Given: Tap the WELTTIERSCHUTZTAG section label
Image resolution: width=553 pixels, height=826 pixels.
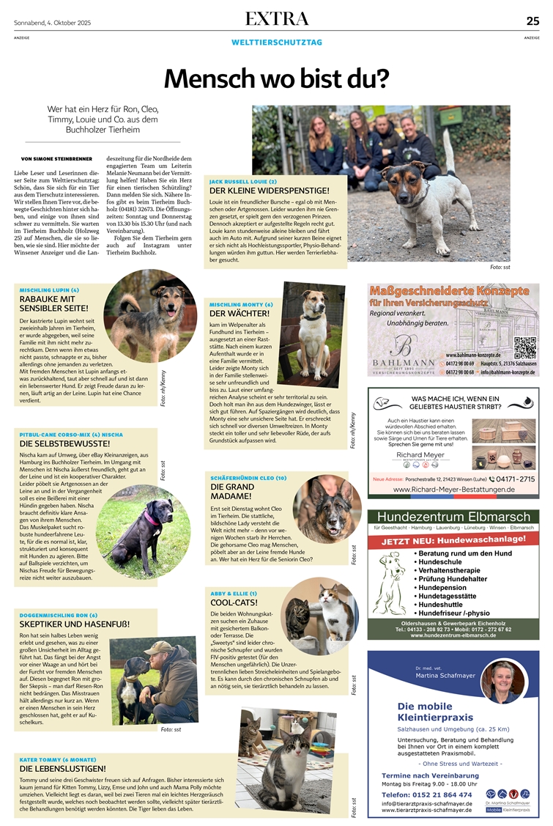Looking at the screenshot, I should tap(276, 43).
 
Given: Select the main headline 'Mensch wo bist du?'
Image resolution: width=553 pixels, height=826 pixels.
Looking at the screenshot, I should tap(276, 78).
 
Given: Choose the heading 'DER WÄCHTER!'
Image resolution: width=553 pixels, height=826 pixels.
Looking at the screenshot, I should tap(231, 314).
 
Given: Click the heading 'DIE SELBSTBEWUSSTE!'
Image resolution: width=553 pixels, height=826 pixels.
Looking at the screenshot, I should tap(65, 443).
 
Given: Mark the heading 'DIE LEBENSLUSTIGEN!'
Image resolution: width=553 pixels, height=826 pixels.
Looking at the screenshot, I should tap(63, 769).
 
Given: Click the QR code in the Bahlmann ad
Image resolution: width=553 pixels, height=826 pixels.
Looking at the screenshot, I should tap(525, 346).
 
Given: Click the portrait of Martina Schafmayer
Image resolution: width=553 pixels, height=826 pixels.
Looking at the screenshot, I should tap(502, 681).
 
